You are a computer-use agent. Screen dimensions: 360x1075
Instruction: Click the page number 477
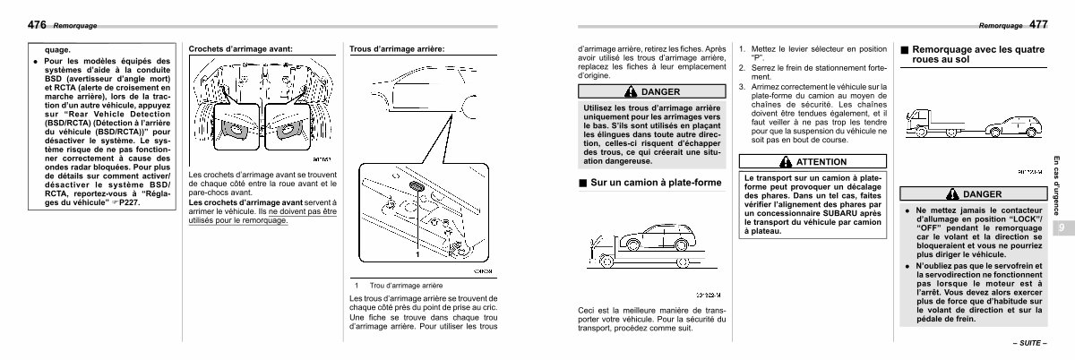pos(1039,24)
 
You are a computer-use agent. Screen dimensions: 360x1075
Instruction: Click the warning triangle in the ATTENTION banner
pos(787,162)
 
